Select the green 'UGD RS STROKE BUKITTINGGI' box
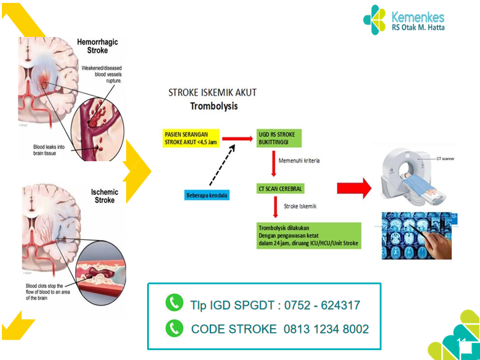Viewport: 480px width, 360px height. coord(281,138)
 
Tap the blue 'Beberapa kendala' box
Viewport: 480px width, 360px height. coord(207,196)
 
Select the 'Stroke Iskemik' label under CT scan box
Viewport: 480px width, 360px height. coord(300,206)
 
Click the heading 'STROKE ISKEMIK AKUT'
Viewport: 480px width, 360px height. coord(212,93)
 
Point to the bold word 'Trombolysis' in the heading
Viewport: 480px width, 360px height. coord(212,106)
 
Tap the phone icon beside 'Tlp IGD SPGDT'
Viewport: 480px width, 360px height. coord(175,303)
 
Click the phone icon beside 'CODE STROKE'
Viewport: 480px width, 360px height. coord(175,328)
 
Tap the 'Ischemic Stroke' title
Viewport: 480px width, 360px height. coord(105,196)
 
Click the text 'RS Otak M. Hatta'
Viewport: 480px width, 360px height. coord(418,28)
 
